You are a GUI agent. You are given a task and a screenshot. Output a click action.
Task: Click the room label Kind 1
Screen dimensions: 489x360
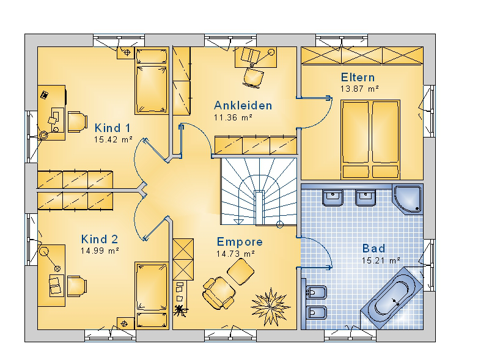[112, 128]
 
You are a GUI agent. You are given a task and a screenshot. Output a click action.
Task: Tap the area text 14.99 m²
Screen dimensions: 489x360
[100, 251]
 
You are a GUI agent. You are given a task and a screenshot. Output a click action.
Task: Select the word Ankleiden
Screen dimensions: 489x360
[243, 106]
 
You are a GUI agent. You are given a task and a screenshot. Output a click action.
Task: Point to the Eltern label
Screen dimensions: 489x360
[358, 77]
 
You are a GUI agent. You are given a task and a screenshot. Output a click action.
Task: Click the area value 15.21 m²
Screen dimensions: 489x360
[381, 260]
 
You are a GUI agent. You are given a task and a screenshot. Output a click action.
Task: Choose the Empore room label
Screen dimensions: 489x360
[240, 242]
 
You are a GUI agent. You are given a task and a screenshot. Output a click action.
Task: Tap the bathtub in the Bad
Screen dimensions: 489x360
[392, 298]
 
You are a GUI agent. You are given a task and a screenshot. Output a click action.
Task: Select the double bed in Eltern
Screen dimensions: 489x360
[370, 139]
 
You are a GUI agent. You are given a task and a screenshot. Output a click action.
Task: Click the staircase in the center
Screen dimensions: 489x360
[259, 191]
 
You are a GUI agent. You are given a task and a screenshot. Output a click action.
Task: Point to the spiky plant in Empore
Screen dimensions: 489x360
[270, 306]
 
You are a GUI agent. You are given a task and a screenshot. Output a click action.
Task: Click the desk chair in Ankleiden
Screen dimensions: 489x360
[253, 76]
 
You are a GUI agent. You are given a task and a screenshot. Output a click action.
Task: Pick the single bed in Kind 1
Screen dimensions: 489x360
[152, 81]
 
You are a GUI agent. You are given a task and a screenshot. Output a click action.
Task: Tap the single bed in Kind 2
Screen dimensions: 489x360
[152, 295]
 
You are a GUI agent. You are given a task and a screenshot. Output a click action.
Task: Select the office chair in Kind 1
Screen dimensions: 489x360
[77, 122]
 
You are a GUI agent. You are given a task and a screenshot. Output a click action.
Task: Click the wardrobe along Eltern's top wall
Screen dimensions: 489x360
[362, 56]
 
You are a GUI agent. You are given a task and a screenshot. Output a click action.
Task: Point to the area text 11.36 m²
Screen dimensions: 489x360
[233, 117]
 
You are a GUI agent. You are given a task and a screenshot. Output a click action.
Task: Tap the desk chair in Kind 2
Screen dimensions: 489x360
[77, 286]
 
